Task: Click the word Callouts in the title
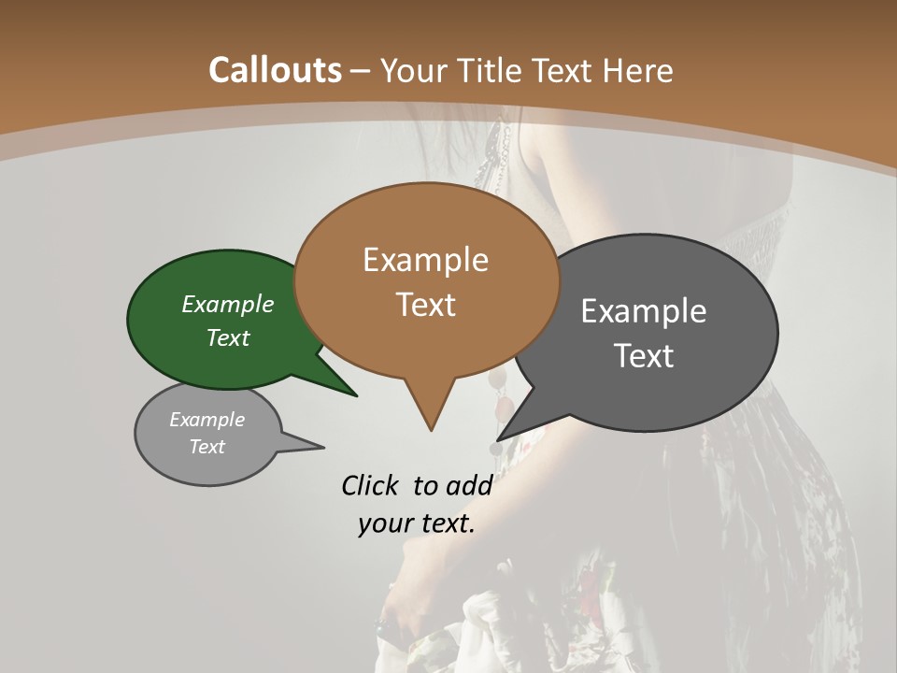click(275, 70)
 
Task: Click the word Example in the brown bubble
click(426, 260)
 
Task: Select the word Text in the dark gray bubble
click(644, 355)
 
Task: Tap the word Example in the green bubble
click(228, 304)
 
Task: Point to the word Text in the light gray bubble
click(207, 447)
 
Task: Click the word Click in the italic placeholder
click(371, 485)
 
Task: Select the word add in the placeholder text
click(468, 485)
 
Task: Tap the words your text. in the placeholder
click(417, 523)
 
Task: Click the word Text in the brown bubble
click(426, 305)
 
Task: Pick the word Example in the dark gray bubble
click(644, 310)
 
